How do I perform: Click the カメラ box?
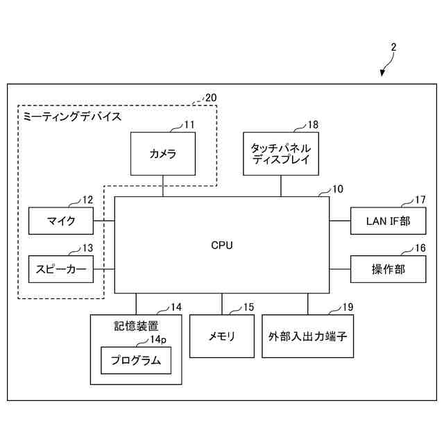pyautogui.click(x=163, y=154)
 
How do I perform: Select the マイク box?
pyautogui.click(x=61, y=221)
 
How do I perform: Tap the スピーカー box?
pyautogui.click(x=61, y=269)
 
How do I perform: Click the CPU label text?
pyautogui.click(x=222, y=245)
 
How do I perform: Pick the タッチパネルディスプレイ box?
pyautogui.click(x=281, y=154)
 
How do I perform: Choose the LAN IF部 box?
pyautogui.click(x=388, y=221)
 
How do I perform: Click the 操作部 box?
pyautogui.click(x=388, y=269)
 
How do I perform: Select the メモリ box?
pyautogui.click(x=222, y=336)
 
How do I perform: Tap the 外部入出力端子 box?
pyautogui.click(x=307, y=336)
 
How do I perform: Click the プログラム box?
pyautogui.click(x=136, y=360)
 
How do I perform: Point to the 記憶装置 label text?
pyautogui.click(x=136, y=325)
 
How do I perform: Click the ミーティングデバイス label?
pyautogui.click(x=72, y=117)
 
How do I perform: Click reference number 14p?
pyautogui.click(x=158, y=339)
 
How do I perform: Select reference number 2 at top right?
pyautogui.click(x=393, y=48)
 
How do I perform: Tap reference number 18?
pyautogui.click(x=313, y=124)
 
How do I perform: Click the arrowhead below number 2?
pyautogui.click(x=382, y=75)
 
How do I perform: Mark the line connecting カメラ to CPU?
pyautogui.click(x=163, y=186)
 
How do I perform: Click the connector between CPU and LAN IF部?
pyautogui.click(x=340, y=221)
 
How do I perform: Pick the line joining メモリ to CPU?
pyautogui.click(x=222, y=304)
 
